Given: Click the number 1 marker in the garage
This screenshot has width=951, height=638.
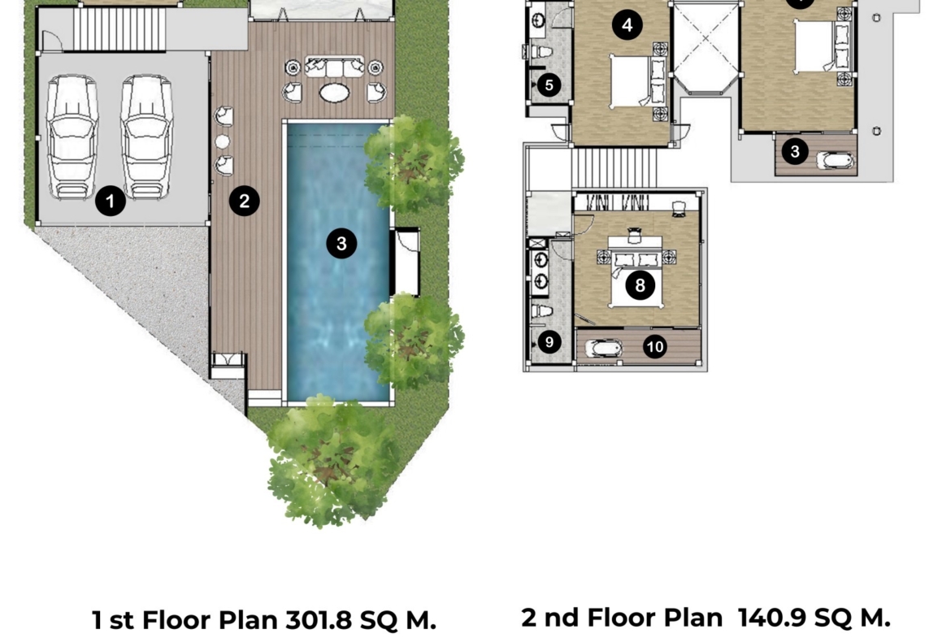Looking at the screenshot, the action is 111,201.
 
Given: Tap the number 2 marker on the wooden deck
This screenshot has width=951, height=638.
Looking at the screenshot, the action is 245,201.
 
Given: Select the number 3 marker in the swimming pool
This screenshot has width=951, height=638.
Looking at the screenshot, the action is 341,243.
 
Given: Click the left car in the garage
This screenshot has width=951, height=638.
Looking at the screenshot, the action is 73,137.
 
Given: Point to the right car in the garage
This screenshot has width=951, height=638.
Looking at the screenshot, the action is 146,137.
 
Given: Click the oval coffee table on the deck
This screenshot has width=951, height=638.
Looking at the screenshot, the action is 334,93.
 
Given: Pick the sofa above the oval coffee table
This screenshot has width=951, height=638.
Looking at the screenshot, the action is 334,66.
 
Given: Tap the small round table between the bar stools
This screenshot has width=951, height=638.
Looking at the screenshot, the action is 223,141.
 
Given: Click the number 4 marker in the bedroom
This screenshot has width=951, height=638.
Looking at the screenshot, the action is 627,25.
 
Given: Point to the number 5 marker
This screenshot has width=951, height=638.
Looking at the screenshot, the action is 549,85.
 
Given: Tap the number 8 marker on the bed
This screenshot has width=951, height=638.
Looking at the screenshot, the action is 640,284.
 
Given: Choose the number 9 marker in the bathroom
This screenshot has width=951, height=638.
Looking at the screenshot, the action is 549,342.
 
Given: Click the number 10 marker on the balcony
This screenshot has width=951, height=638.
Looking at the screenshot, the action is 654,346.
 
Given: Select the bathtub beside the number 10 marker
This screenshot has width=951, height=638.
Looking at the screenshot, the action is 603,348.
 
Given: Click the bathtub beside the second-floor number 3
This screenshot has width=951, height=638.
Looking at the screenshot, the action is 835,161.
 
